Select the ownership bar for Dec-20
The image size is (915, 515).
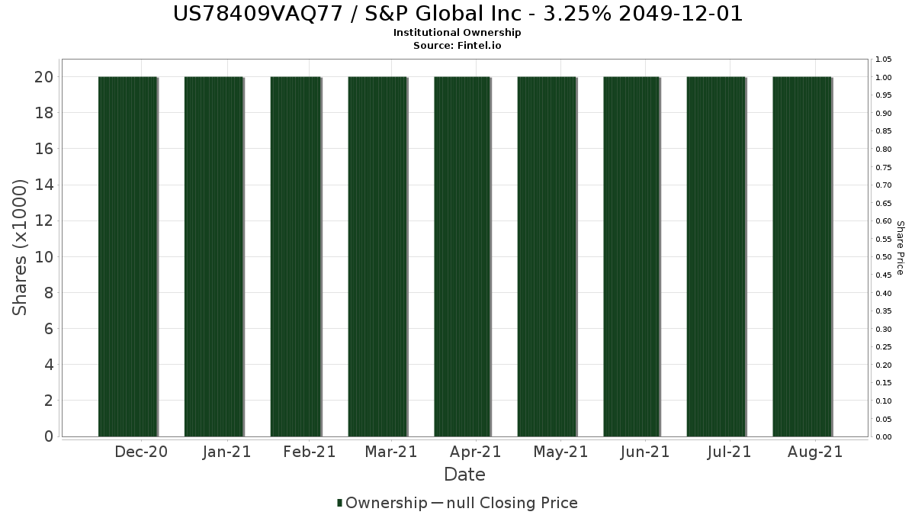(127, 256)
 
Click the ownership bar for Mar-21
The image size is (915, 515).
(377, 256)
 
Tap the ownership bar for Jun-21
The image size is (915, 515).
(631, 256)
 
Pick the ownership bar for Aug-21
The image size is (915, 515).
(801, 256)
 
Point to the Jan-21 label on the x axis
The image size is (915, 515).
(226, 452)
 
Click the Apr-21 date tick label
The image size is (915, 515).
(475, 452)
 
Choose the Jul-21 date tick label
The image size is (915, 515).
(729, 452)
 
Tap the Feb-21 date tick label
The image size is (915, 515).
(309, 452)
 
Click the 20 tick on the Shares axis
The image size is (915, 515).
(43, 77)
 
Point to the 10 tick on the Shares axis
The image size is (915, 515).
(43, 257)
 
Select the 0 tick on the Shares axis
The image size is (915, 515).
(48, 437)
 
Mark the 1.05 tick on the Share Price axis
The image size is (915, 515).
(884, 60)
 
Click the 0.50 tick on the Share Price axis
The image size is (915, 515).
(884, 257)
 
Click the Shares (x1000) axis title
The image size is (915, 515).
(21, 247)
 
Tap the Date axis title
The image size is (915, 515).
(464, 475)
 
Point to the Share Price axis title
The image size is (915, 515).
(900, 247)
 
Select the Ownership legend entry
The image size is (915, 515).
(383, 503)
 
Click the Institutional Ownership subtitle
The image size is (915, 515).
(457, 33)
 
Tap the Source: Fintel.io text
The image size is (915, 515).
(457, 45)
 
